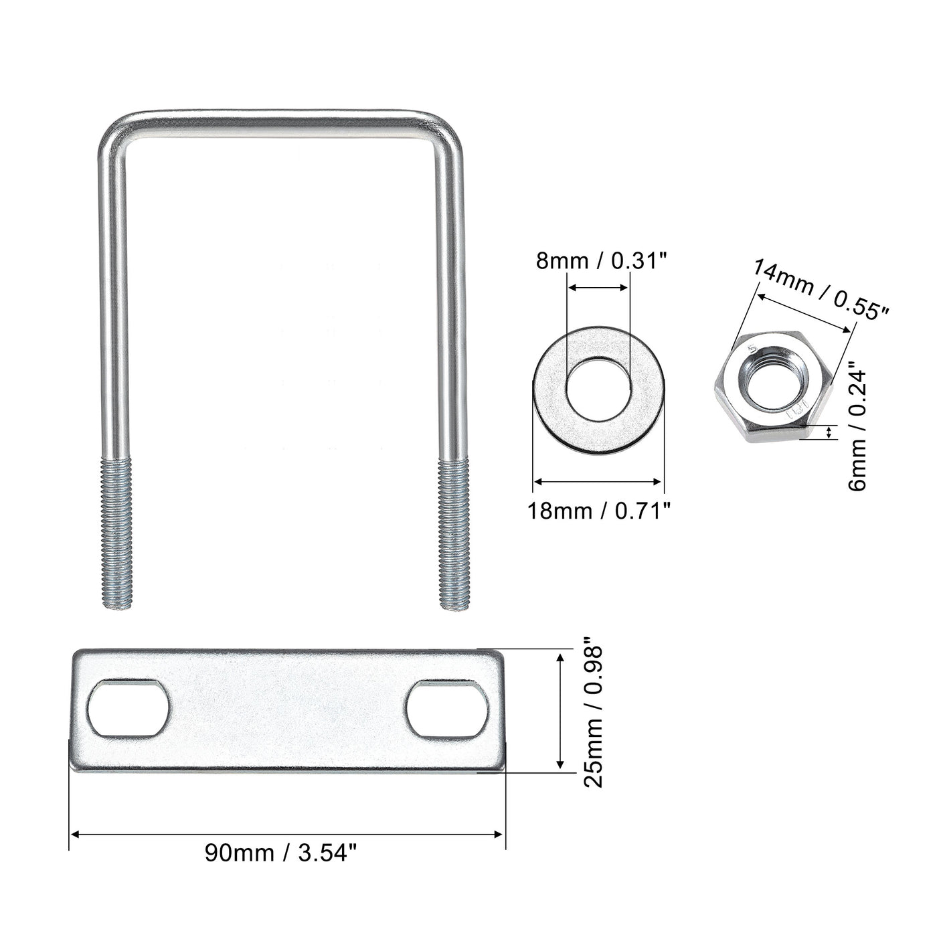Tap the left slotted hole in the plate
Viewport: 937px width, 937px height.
click(x=128, y=709)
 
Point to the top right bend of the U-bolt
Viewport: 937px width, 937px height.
click(x=447, y=127)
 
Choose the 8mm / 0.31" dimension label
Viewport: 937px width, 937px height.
click(x=602, y=261)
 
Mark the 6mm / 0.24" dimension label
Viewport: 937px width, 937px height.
click(x=858, y=427)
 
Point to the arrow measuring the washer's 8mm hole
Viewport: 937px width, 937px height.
click(x=598, y=288)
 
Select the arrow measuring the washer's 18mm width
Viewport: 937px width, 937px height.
click(x=598, y=481)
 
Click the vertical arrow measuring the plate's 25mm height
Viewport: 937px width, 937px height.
click(x=560, y=711)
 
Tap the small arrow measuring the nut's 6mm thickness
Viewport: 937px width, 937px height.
click(x=830, y=432)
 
